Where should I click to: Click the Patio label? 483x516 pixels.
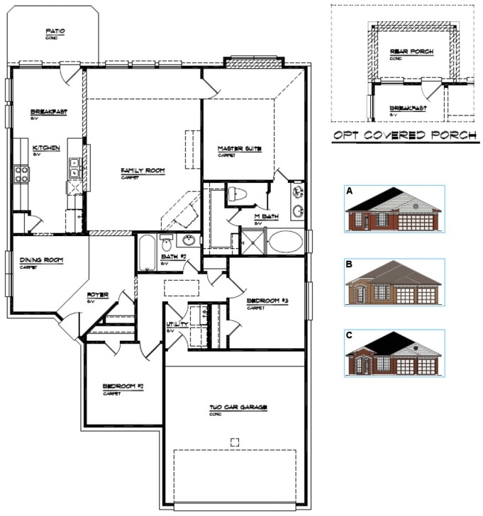click(x=55, y=31)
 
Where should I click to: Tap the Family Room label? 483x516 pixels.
click(x=142, y=171)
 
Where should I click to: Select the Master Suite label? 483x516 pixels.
click(x=240, y=149)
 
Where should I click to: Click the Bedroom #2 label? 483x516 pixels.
click(x=123, y=386)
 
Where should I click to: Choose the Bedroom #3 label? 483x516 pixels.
click(x=267, y=301)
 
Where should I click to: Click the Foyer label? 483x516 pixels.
click(x=97, y=294)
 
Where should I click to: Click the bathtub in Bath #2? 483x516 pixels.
click(x=145, y=253)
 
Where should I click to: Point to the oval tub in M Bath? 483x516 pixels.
click(x=284, y=241)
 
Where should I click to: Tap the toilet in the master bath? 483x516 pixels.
click(x=238, y=193)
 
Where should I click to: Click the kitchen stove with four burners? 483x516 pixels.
click(x=21, y=174)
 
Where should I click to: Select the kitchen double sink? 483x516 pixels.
click(x=74, y=167)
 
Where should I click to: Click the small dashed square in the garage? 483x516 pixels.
click(x=235, y=442)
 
